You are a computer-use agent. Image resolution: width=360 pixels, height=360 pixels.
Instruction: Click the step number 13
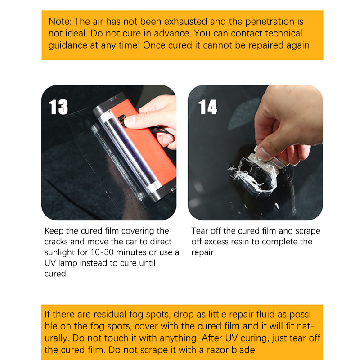[x=58, y=107]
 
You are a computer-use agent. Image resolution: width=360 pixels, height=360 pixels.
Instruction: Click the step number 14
[x=208, y=107]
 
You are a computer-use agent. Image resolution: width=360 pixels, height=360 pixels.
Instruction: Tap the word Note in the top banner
[x=59, y=22]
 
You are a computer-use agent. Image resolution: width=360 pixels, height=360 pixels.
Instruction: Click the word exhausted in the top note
[x=186, y=22]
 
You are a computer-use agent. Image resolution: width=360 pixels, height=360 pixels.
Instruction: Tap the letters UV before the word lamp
[x=50, y=263]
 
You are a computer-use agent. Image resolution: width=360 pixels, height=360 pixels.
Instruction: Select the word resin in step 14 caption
[x=239, y=242]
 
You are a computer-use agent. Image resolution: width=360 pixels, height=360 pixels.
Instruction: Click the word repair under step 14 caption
[x=202, y=253]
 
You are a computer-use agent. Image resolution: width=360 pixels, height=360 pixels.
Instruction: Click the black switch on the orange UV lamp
[x=123, y=121]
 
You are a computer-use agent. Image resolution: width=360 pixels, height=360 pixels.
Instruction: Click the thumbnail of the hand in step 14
[x=263, y=154]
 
